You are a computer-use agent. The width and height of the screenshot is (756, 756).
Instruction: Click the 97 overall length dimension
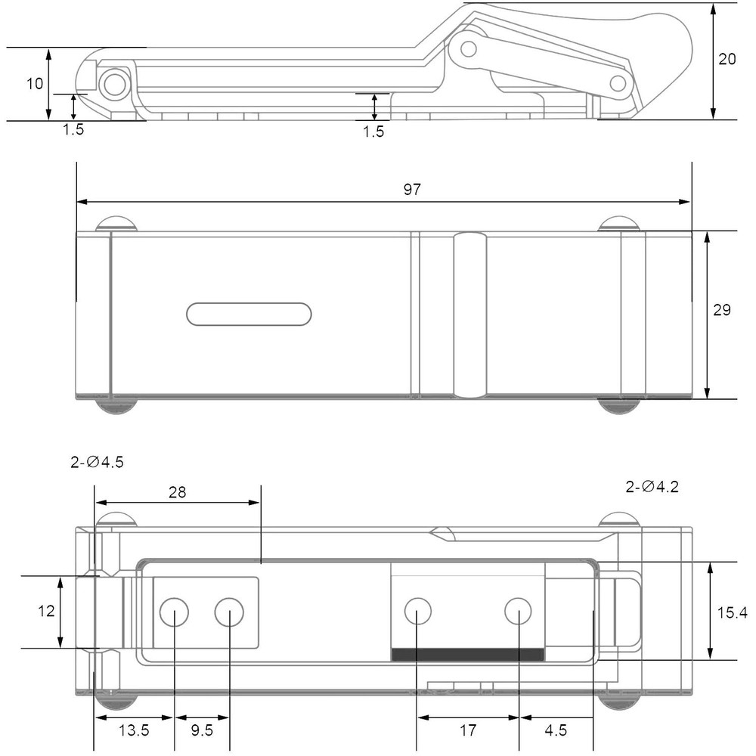coord(412,190)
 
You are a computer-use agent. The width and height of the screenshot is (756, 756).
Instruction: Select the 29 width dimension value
coord(722,310)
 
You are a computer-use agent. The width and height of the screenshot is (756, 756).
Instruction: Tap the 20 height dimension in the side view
coord(727,59)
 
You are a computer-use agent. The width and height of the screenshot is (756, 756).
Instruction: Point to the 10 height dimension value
coord(35,84)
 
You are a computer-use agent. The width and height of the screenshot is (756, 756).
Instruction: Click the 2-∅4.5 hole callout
coord(97,462)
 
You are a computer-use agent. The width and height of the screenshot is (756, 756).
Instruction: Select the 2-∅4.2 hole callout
coord(652,486)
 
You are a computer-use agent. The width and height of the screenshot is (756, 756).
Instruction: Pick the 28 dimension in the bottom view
coord(178,492)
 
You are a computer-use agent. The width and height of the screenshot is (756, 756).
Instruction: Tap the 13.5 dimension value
coord(134,730)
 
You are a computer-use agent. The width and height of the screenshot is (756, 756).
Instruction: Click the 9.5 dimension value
coord(202,730)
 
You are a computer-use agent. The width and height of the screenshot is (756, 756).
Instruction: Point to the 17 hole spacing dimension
coord(468,730)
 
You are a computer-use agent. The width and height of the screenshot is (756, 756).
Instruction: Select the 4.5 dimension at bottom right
coord(556,730)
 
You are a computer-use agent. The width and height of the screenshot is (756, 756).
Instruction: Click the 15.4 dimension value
coord(733,613)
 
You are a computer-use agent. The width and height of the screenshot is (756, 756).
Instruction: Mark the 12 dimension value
coord(46,612)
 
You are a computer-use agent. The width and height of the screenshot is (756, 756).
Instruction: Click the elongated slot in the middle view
coord(249,314)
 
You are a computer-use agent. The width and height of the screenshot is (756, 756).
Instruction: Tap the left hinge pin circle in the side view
coord(115,85)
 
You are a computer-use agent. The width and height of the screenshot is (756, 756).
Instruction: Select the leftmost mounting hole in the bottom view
coord(174,612)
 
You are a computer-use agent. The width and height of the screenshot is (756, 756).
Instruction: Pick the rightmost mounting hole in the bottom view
coord(519,611)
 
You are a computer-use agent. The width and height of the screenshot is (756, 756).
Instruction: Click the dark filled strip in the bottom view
coord(468,654)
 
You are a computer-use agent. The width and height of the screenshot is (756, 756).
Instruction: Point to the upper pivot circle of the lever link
coord(468,48)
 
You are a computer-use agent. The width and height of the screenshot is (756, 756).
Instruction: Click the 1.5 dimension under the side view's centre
coord(373,132)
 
